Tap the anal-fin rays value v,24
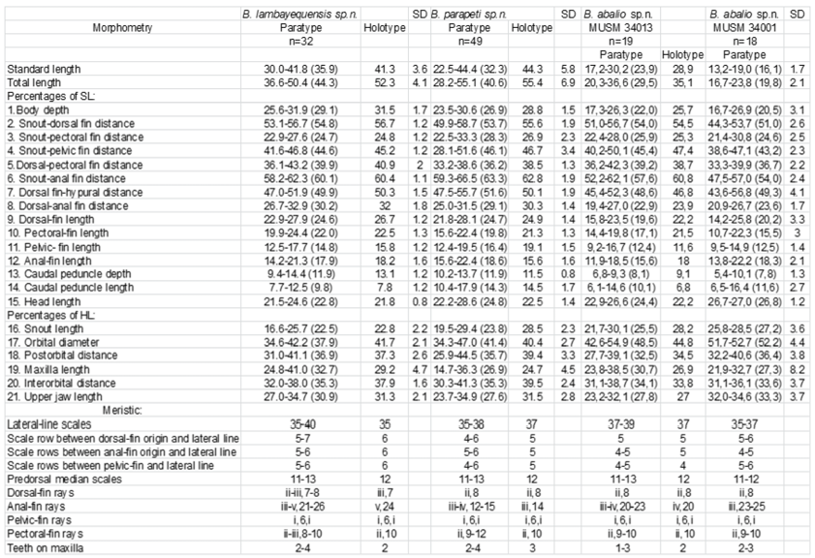click(x=377, y=505)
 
